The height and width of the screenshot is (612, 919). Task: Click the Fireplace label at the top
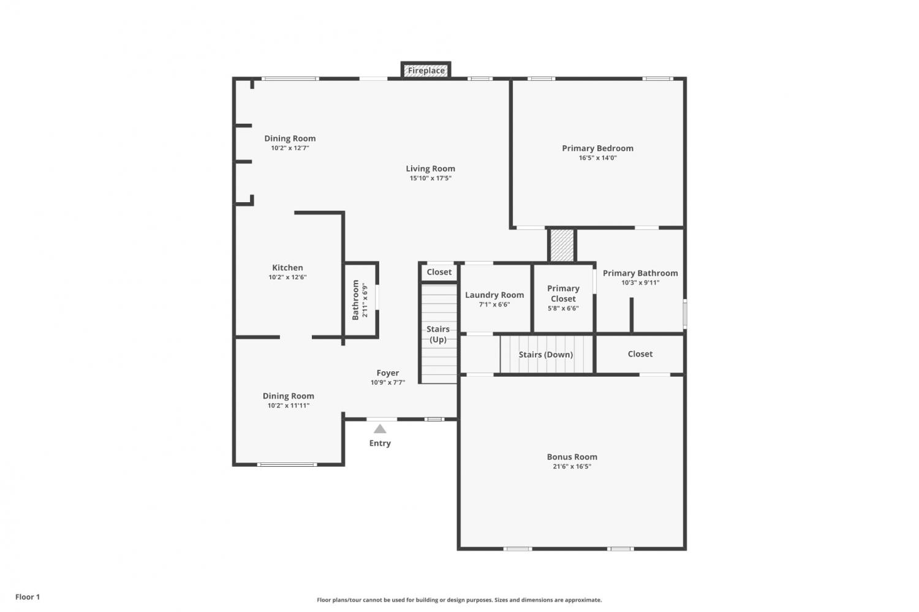tap(426, 70)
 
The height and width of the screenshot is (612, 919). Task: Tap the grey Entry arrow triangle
tap(380, 429)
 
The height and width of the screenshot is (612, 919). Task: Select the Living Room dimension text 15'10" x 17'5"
tap(430, 178)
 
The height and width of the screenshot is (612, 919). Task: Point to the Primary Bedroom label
tap(597, 148)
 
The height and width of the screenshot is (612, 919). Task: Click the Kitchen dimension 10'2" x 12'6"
tap(287, 277)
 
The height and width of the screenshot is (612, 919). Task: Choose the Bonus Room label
tap(572, 456)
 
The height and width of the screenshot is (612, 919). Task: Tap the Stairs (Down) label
tap(546, 355)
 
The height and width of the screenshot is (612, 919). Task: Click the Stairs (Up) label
tap(438, 334)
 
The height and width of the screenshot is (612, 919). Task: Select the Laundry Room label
tap(494, 295)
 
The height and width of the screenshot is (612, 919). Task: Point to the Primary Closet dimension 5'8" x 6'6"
tap(563, 308)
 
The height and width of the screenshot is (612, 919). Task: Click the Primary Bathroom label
tap(640, 273)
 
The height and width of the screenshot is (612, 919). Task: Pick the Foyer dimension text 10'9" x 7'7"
tap(388, 382)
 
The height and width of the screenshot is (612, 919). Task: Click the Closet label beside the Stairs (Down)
tap(640, 353)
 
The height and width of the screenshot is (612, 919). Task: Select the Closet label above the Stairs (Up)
tap(439, 271)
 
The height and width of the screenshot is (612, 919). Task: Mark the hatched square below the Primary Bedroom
tap(562, 245)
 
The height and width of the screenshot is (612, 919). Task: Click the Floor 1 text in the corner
tap(28, 597)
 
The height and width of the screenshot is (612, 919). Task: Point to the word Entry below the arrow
tap(380, 443)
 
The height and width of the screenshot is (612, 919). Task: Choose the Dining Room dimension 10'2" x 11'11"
tap(289, 406)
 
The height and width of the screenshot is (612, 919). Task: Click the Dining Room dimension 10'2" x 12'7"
tap(290, 148)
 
